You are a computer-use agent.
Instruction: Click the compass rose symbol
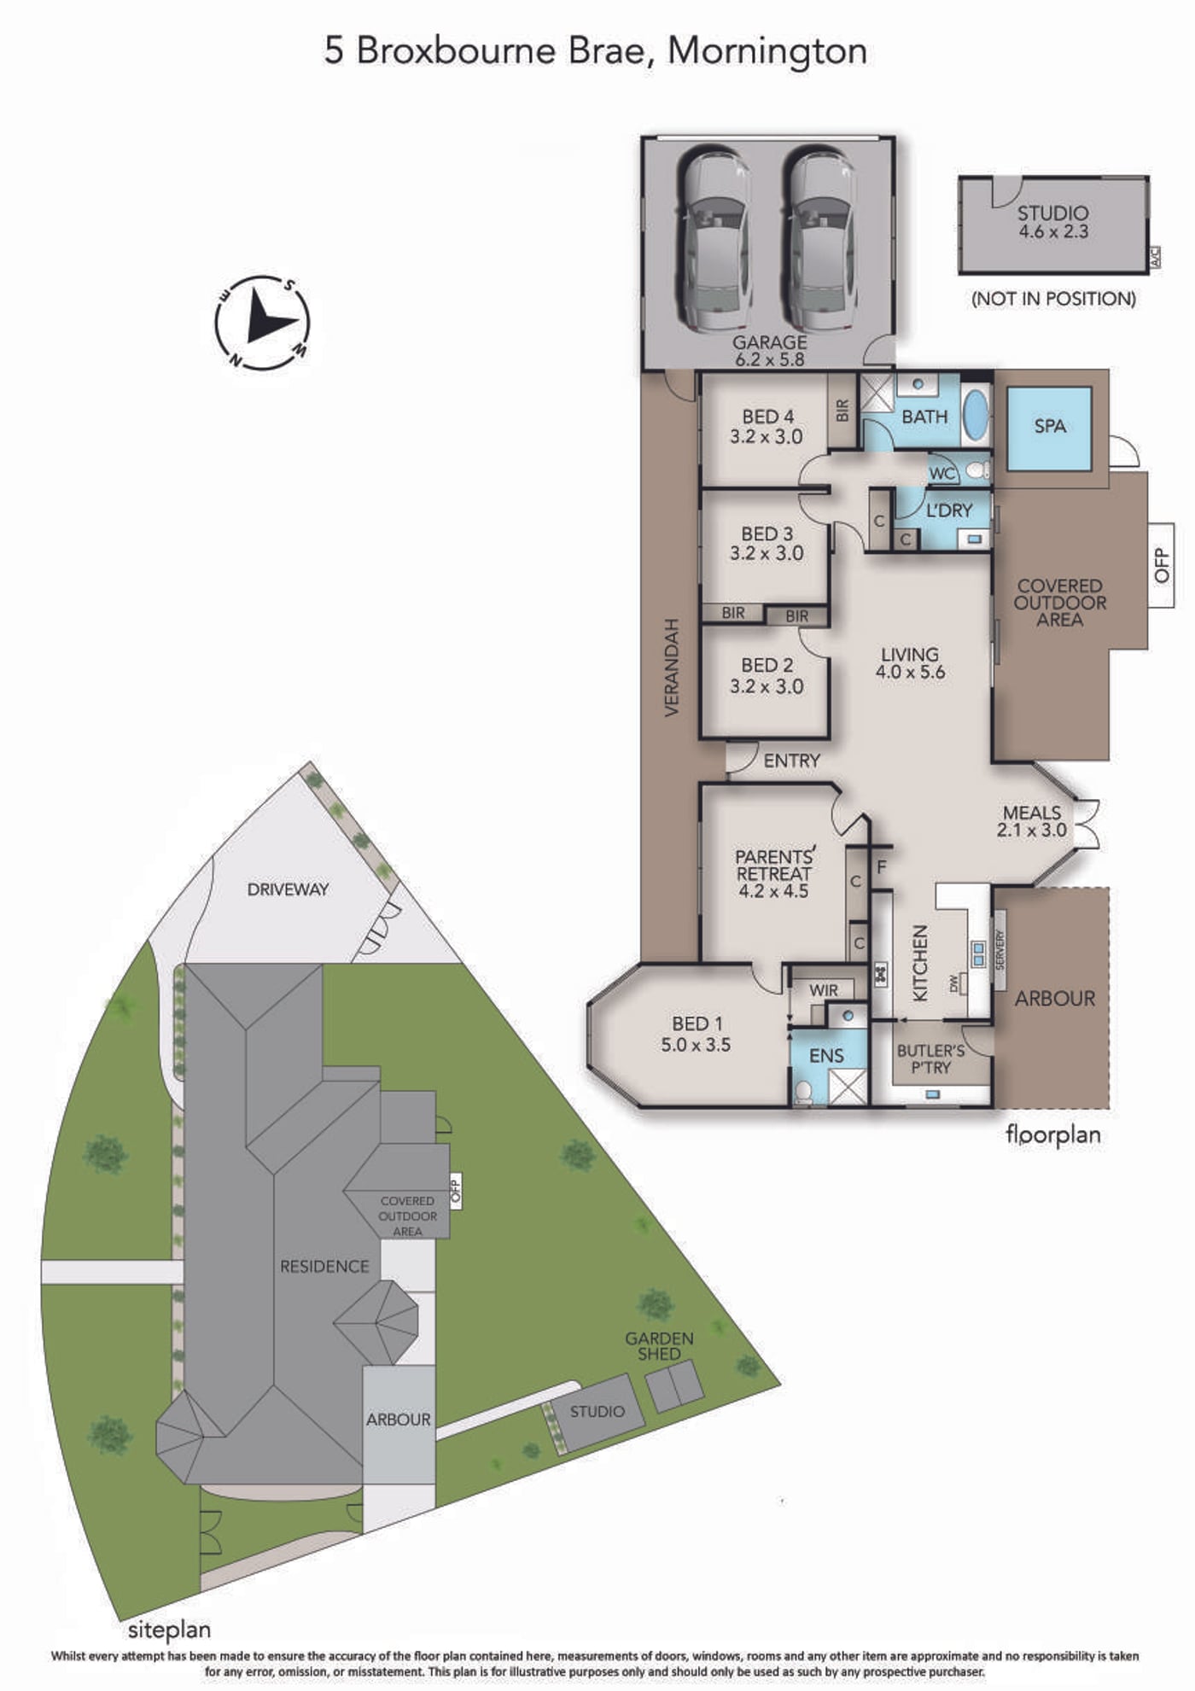point(262,323)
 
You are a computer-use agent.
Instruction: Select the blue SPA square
point(1049,429)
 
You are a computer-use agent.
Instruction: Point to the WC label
point(942,473)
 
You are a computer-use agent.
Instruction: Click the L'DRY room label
point(949,510)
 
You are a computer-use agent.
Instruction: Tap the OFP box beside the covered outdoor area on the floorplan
point(1161,565)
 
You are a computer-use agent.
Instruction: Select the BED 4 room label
point(767,427)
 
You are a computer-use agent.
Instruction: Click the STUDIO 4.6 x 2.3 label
point(1053,222)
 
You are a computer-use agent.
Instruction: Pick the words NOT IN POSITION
point(1054,299)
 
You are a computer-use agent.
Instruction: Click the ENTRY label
point(791,761)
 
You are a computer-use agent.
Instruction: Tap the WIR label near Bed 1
point(824,990)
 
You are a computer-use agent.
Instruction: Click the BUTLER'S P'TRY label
point(930,1058)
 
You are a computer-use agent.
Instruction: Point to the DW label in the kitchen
point(954,984)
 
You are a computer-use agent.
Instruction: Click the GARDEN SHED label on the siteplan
point(659,1345)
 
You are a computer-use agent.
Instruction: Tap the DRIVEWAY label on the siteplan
point(288,889)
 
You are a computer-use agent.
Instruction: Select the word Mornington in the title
point(767,51)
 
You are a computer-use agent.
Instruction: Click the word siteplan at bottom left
point(169,1630)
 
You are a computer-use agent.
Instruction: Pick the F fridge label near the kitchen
point(882,867)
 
